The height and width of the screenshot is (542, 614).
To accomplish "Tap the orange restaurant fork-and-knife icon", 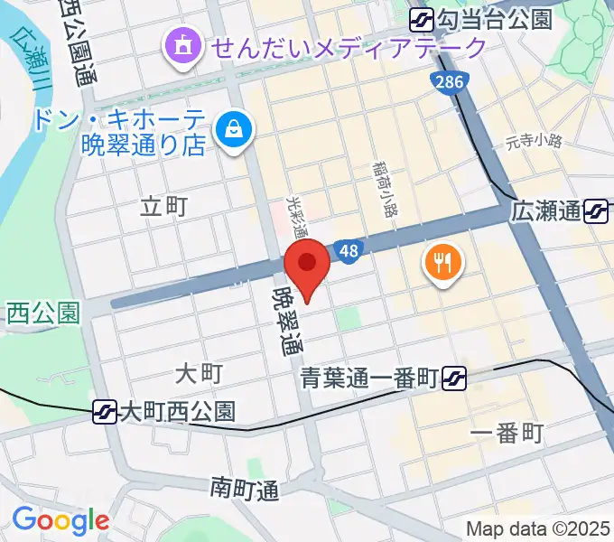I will [x=442, y=263].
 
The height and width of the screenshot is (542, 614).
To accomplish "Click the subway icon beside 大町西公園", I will [x=106, y=412].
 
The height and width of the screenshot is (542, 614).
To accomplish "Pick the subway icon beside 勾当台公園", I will [x=422, y=18].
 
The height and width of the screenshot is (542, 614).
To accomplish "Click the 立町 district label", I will [x=164, y=207].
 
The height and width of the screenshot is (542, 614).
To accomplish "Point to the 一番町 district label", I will [x=507, y=434].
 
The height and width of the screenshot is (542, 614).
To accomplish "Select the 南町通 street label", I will [x=245, y=490].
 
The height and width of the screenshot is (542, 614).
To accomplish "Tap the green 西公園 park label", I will [x=42, y=313].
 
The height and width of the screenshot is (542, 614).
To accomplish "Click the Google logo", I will [x=60, y=521].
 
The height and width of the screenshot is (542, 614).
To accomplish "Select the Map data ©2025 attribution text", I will [x=536, y=528].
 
